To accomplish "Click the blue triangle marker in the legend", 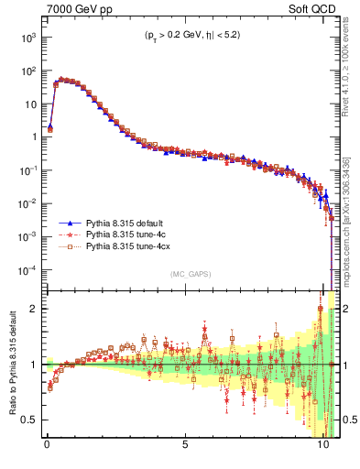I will point(70,223).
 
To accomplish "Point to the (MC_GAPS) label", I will point(190,274).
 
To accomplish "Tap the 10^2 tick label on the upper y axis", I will point(28,71).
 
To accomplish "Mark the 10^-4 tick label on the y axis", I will point(27,270).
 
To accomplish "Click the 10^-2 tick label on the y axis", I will point(27,203).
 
